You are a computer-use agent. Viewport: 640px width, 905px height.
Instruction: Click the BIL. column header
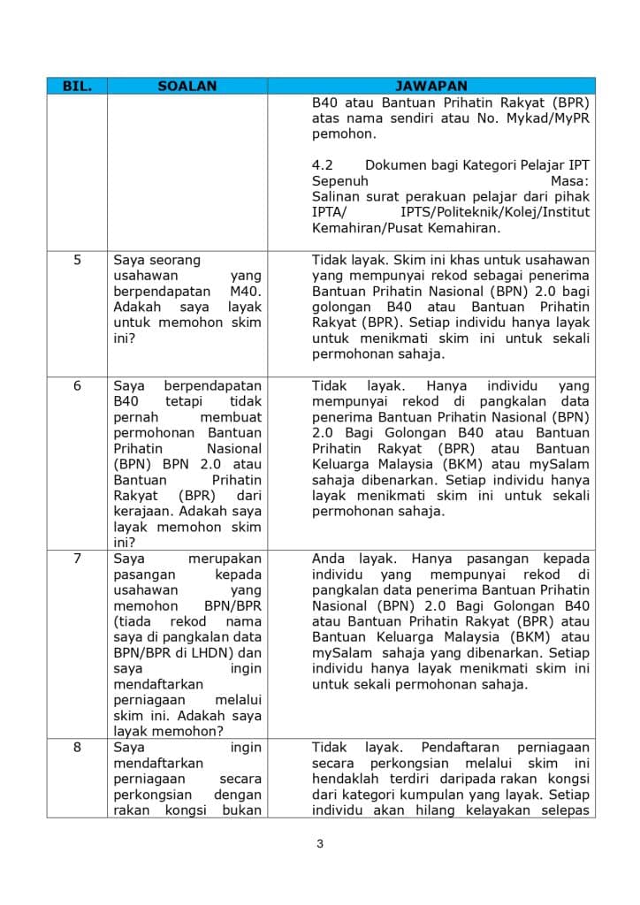point(77,87)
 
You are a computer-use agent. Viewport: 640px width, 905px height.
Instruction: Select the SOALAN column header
point(187,87)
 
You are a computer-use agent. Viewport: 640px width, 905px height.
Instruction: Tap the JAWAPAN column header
point(430,87)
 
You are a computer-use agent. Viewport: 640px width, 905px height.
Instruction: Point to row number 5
point(77,261)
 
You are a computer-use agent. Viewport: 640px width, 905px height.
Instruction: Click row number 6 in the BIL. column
point(77,386)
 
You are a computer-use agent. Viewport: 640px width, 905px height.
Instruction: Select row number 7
point(77,559)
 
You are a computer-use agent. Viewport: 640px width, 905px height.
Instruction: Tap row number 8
point(77,748)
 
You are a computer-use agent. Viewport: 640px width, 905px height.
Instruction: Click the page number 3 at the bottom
point(320,843)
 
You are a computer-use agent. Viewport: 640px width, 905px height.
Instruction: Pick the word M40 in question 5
point(245,292)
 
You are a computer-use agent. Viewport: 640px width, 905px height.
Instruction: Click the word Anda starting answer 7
point(328,559)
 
